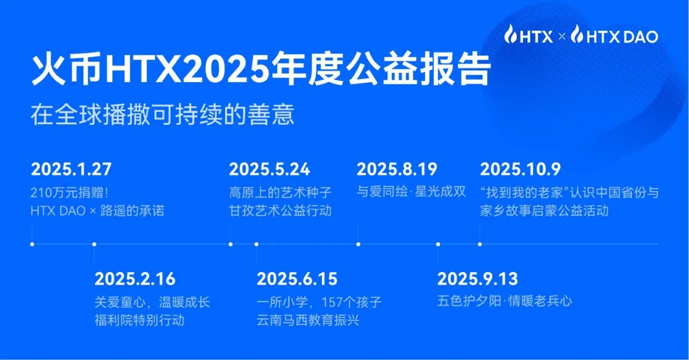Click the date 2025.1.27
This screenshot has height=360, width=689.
click(x=71, y=169)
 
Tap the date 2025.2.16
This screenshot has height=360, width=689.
click(x=135, y=279)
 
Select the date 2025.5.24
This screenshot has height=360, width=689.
click(x=269, y=169)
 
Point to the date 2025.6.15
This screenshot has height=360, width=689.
click(x=297, y=279)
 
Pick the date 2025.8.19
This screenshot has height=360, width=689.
click(x=397, y=169)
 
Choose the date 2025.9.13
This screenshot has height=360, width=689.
click(x=477, y=279)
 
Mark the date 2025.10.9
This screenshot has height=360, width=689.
click(x=520, y=169)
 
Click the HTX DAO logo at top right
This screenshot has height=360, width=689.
click(x=614, y=36)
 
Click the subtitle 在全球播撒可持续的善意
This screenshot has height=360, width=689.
click(x=163, y=115)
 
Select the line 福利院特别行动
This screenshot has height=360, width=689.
click(x=139, y=320)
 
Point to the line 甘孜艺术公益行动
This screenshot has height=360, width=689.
click(x=280, y=210)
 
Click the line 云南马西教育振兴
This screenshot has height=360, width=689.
click(x=308, y=320)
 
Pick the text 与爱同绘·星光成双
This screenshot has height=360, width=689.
click(x=411, y=192)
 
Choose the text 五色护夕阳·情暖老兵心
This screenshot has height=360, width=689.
click(x=504, y=301)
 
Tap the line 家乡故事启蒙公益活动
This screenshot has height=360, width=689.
click(x=544, y=210)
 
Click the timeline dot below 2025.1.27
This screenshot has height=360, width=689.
click(x=32, y=244)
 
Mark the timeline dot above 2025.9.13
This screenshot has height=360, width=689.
click(x=438, y=244)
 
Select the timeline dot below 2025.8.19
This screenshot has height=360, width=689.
click(x=358, y=244)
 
